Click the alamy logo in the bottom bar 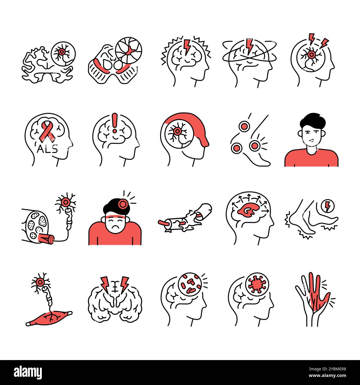point(28,372)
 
